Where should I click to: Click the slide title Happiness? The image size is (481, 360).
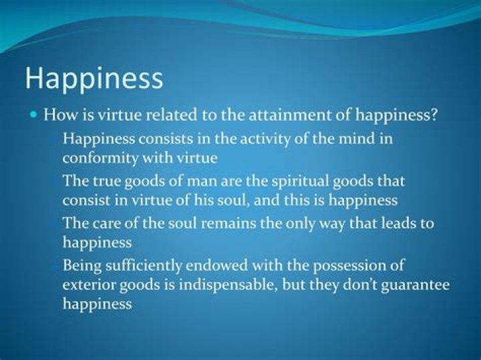[94, 79]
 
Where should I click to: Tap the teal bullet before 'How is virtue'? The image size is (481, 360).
[34, 115]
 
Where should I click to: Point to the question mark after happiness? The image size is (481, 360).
[435, 115]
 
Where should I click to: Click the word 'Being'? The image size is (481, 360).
[81, 265]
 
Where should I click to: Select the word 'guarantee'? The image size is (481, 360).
[414, 285]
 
